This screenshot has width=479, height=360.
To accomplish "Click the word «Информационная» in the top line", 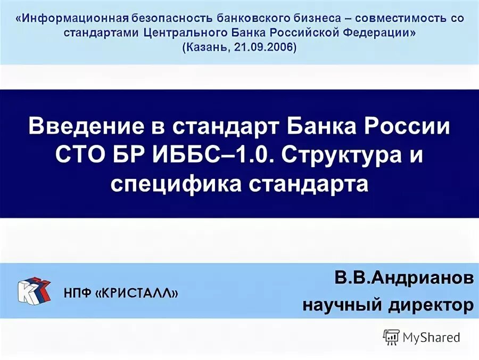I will (x=75, y=18).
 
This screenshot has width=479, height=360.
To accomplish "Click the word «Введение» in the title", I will (x=90, y=128).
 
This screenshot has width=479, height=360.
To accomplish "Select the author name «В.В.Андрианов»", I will (x=404, y=279).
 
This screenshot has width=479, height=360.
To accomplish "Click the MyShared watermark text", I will (x=431, y=337).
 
